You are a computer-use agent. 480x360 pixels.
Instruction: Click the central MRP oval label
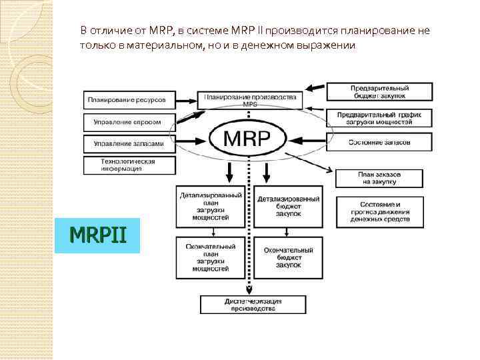point(247,140)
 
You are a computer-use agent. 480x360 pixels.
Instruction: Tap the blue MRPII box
point(97,235)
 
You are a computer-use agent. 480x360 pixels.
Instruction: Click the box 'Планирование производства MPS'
point(251,100)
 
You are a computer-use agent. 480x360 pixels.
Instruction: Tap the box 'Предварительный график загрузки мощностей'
point(379,118)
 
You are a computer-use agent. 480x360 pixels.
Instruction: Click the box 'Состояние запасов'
point(379,142)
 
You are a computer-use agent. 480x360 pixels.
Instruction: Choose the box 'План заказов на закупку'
point(379,178)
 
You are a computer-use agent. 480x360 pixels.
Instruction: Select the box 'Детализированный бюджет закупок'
point(287,206)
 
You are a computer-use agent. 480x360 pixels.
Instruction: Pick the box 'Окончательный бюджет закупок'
point(287,257)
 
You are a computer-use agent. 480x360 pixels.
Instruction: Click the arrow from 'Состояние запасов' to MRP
point(307,141)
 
